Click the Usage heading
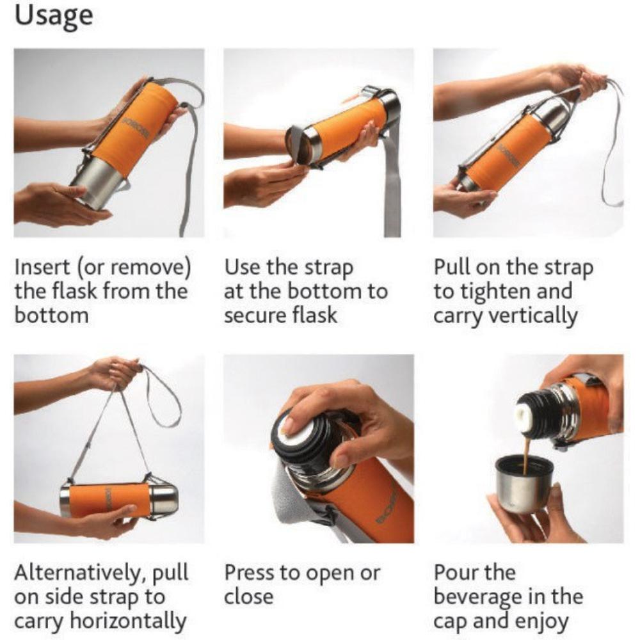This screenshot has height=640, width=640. point(54,17)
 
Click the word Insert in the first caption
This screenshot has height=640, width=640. point(42,268)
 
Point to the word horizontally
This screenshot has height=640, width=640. point(128,621)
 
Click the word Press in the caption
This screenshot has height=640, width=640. point(249,573)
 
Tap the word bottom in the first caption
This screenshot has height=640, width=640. point(51,316)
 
